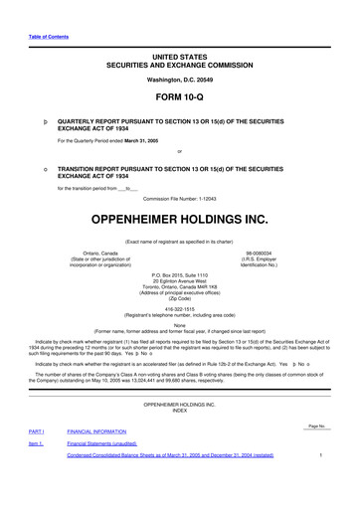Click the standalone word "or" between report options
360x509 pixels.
point(179,150)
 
